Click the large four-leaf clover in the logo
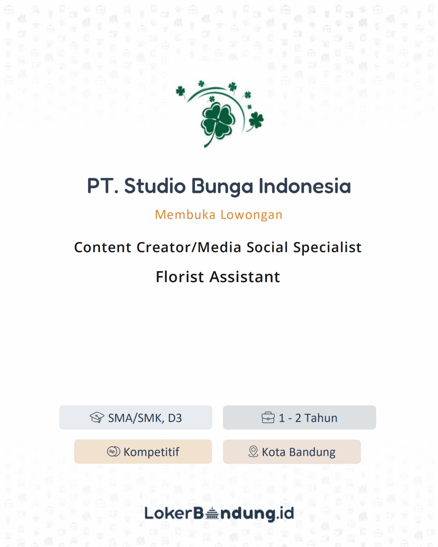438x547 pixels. [x=218, y=120]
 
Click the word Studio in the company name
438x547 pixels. [x=155, y=186]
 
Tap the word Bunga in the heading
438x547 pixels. [x=223, y=187]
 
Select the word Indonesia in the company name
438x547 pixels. [x=305, y=186]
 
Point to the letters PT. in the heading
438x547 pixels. [x=103, y=186]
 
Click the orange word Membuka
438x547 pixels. [x=185, y=214]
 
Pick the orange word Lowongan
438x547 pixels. [x=251, y=215]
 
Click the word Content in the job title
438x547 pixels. [x=103, y=247]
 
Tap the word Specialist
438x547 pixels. [x=327, y=248]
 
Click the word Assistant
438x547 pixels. [x=245, y=277]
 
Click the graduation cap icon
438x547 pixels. [x=97, y=417]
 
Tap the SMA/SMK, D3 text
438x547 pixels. [x=145, y=418]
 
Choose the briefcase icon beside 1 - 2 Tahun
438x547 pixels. [x=268, y=417]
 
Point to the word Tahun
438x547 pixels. [x=321, y=418]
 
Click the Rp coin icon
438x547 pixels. [x=114, y=451]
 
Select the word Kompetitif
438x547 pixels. [x=151, y=452]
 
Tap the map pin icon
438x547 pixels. [x=253, y=451]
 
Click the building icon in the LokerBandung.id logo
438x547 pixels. [x=212, y=513]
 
